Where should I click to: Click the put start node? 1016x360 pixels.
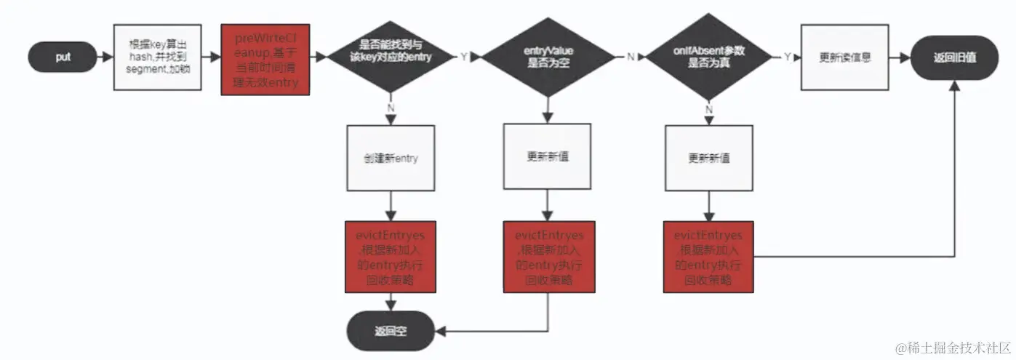coord(63,57)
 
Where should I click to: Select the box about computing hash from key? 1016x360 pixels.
coord(157,57)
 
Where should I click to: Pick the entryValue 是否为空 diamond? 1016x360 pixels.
coord(548,57)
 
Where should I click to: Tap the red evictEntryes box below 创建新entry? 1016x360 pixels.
coord(391,257)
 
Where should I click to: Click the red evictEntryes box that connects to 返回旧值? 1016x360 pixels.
coord(708,257)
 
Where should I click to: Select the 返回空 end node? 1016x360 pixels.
coord(391,329)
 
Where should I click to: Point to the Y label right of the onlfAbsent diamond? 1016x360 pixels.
coord(788,57)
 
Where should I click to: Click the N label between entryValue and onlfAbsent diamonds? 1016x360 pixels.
coord(630,57)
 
